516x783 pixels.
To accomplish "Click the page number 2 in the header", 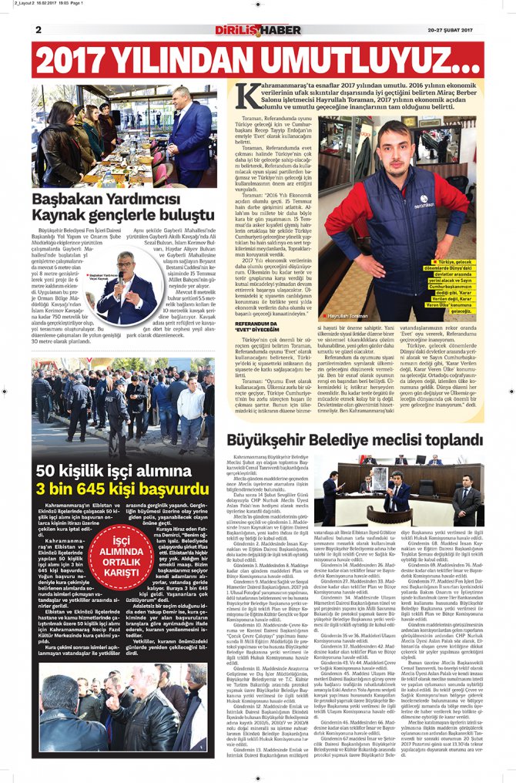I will pyautogui.click(x=38, y=29).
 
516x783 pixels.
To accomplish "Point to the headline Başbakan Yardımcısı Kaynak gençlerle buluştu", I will pyautogui.click(x=122, y=204).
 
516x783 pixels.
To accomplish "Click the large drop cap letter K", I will pyautogui.click(x=248, y=95).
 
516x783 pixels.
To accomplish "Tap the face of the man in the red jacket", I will pyautogui.click(x=394, y=146).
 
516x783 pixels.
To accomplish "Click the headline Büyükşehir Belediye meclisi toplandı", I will pyautogui.click(x=354, y=440).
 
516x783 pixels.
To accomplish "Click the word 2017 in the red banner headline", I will pyautogui.click(x=77, y=61).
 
